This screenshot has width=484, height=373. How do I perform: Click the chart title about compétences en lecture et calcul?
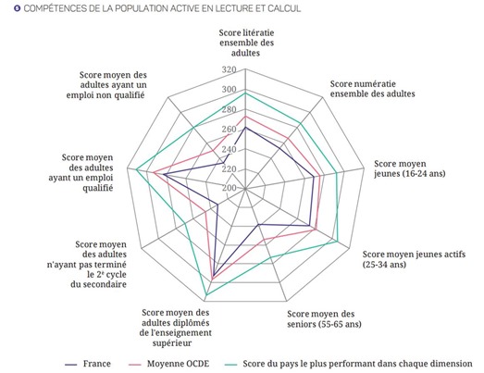(x=162, y=8)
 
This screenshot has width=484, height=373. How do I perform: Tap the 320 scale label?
(x=229, y=69)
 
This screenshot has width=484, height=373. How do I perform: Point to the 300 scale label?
(x=229, y=90)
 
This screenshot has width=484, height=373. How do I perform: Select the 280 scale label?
(x=229, y=109)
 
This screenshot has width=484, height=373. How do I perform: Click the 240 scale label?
(x=229, y=149)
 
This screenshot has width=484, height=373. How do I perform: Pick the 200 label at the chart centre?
(x=229, y=188)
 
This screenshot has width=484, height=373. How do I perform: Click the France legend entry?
(x=88, y=364)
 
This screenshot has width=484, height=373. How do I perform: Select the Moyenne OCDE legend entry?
(x=168, y=364)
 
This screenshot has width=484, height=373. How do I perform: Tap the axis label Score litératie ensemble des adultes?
(x=246, y=43)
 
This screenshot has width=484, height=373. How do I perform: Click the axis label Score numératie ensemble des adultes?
(x=373, y=89)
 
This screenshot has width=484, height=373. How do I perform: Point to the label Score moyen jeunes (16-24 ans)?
(x=410, y=168)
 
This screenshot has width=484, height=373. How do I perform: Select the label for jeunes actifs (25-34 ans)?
(x=414, y=259)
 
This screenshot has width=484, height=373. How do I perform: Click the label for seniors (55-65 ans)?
(x=324, y=319)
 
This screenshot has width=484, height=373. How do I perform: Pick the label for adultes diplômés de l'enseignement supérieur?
(x=175, y=328)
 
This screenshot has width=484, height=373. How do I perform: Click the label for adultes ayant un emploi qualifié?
(x=81, y=172)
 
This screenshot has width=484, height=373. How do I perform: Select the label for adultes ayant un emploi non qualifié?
(x=106, y=85)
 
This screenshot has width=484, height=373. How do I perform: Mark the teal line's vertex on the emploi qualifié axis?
(x=136, y=168)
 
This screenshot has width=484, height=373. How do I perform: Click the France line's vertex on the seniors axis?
(x=259, y=225)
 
